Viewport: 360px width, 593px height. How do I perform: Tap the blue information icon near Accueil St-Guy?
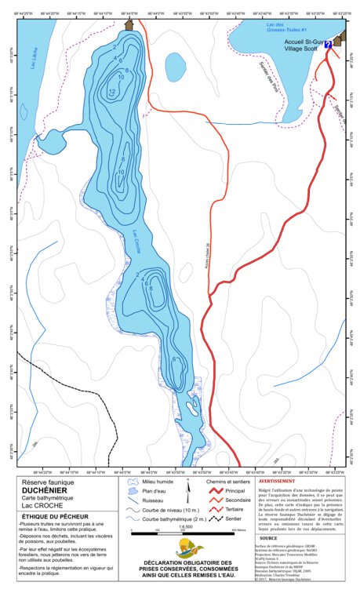(x=327, y=45)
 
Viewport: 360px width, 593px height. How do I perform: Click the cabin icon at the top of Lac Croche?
(x=129, y=26)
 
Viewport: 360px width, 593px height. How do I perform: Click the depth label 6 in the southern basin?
(x=173, y=358)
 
